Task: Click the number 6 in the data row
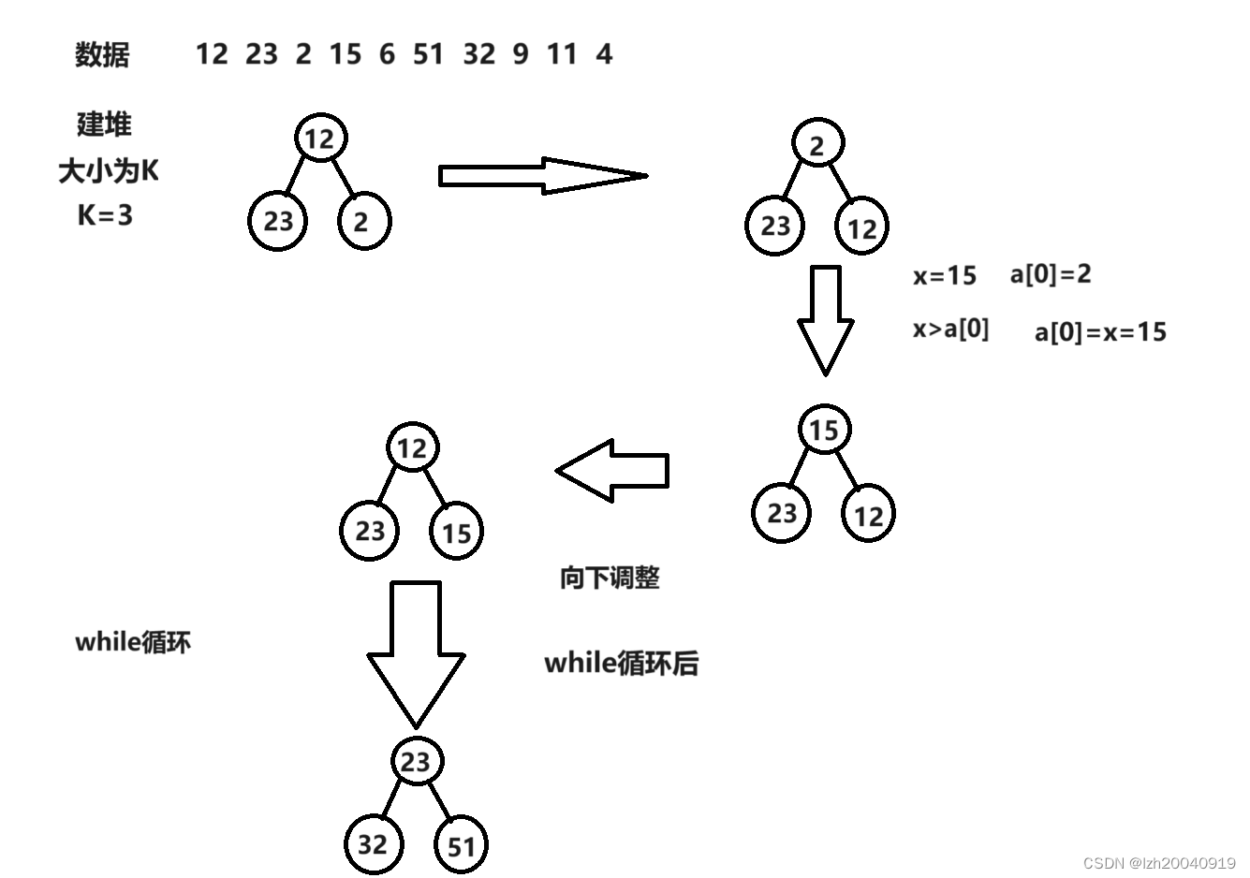click(387, 54)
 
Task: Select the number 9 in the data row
click(521, 54)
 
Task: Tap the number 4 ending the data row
click(604, 54)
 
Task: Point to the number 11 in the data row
click(562, 54)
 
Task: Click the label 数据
click(102, 55)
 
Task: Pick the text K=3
click(105, 215)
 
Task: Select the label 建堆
click(104, 124)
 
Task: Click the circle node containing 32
click(373, 843)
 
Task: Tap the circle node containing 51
click(461, 846)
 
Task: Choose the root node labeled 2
click(817, 145)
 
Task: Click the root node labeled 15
click(824, 430)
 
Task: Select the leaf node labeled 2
click(362, 222)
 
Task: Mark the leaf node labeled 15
click(456, 533)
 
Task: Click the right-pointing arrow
click(542, 176)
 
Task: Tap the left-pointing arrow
click(613, 470)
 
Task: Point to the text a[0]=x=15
click(1100, 332)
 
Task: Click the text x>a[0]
click(950, 329)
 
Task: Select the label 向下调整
click(610, 578)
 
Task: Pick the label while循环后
click(621, 664)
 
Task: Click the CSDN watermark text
click(1159, 863)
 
